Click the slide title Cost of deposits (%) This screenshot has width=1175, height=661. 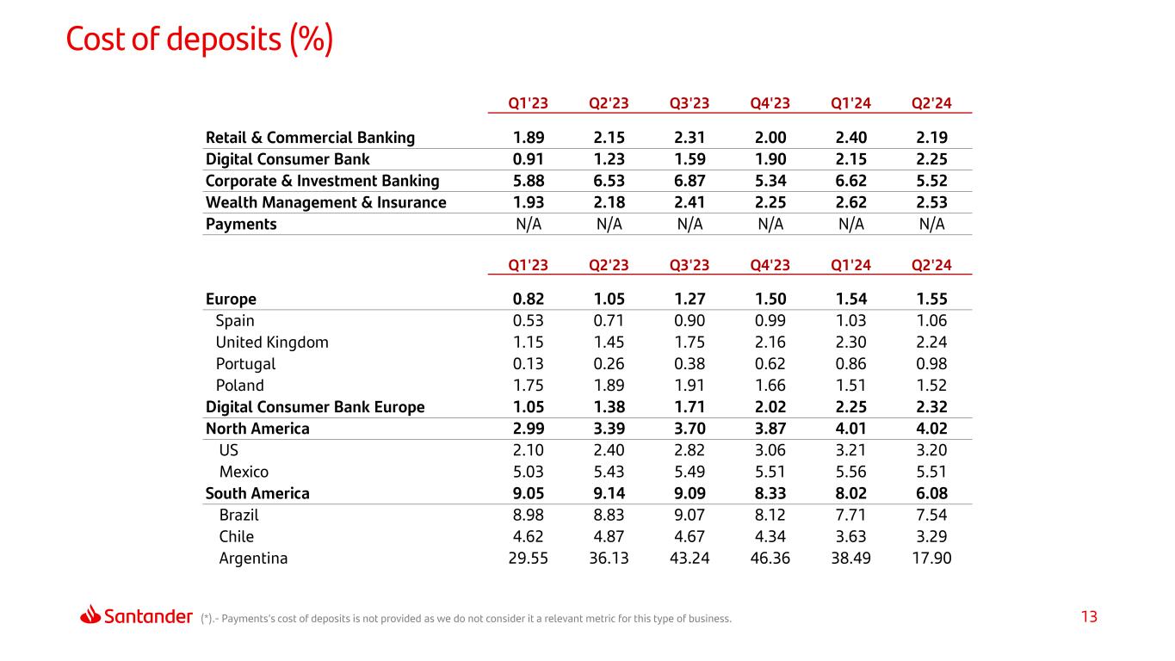point(200,40)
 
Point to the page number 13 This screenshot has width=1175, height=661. point(1089,617)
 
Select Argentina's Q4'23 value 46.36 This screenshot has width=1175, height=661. point(770,558)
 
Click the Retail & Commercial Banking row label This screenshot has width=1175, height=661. point(310,138)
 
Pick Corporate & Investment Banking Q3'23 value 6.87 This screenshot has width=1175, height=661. point(690,181)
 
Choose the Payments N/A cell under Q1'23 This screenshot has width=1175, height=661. point(529,224)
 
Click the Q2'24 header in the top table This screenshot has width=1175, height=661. point(931,103)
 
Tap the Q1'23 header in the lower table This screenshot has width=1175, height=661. point(529,265)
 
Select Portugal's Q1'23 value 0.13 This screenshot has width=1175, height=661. point(529,364)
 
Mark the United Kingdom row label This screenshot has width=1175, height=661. point(272,343)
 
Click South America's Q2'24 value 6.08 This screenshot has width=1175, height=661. point(931,493)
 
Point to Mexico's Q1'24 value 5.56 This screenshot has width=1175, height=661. point(850,472)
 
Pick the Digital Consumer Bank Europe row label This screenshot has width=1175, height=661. point(315,407)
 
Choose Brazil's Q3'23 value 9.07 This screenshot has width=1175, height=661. point(690,515)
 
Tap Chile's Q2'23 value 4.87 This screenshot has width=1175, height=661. point(609,536)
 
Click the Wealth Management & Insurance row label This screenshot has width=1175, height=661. point(325,202)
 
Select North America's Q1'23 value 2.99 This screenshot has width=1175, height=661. point(529,429)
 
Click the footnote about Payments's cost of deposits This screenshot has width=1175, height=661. point(466,618)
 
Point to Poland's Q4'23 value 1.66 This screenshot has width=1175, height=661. point(770,386)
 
